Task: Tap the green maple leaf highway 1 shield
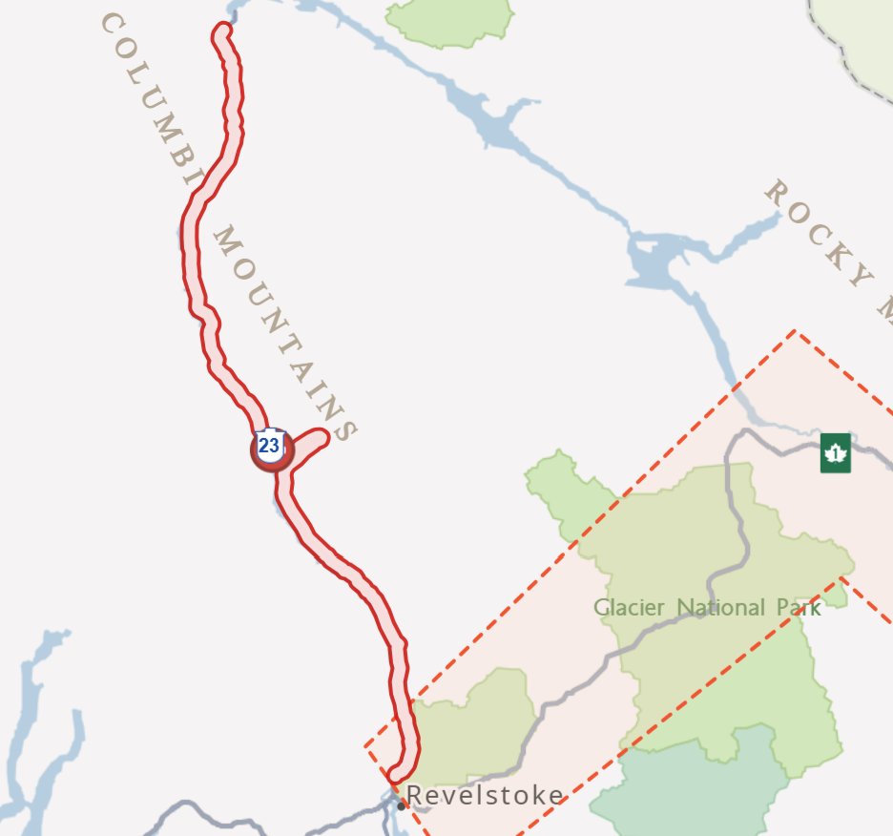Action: click(835, 452)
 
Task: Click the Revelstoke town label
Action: click(485, 795)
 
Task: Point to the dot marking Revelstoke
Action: click(402, 805)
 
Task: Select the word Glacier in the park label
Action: click(631, 607)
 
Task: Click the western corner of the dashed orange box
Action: click(366, 746)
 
